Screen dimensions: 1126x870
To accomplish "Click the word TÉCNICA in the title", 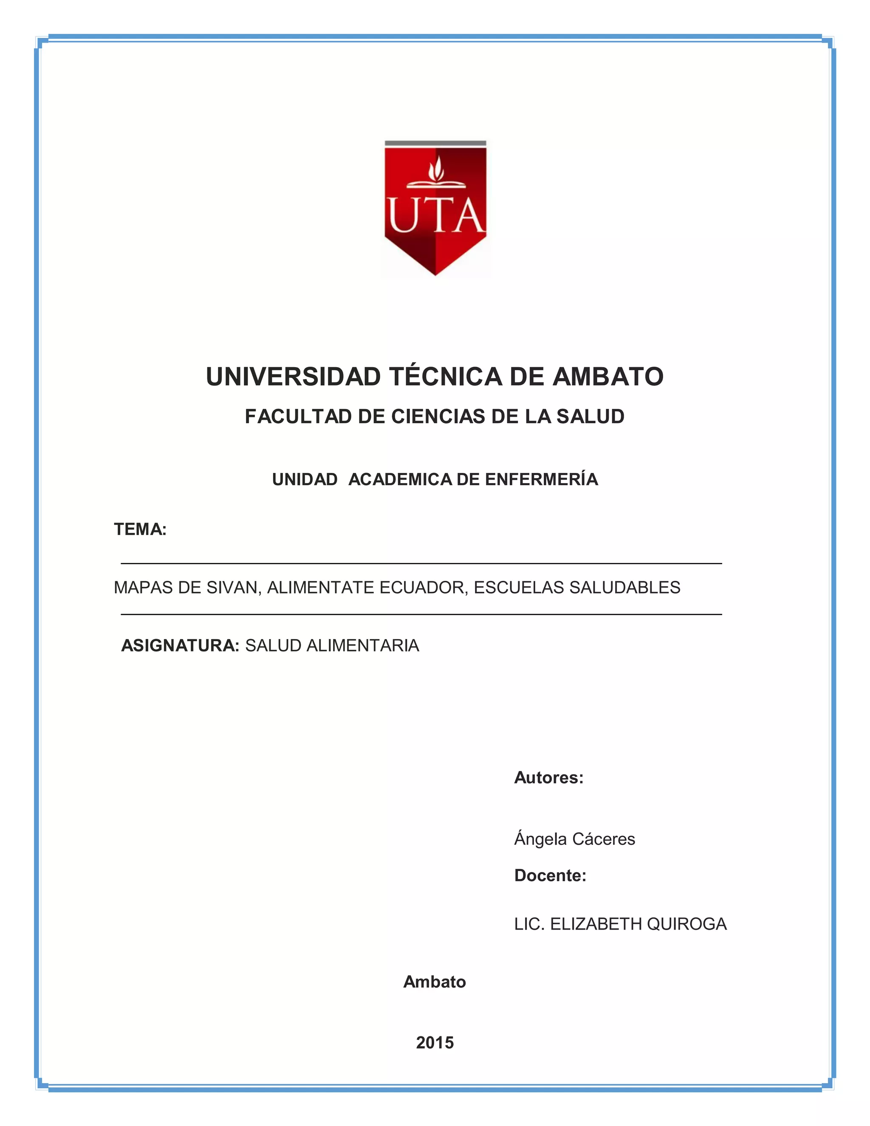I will [x=445, y=377].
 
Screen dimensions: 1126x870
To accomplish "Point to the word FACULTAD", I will [x=298, y=416].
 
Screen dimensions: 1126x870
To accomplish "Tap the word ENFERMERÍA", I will [x=541, y=479].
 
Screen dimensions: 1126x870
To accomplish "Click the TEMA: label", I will [x=140, y=529].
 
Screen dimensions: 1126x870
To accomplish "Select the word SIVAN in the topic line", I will [x=234, y=588].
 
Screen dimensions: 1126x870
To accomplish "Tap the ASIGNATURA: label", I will [x=180, y=646].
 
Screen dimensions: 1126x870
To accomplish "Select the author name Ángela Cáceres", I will [x=574, y=839].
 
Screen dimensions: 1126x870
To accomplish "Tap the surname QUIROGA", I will [x=686, y=924].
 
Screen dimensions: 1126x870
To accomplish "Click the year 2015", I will [x=435, y=1042].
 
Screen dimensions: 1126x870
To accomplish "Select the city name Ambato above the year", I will [x=435, y=982].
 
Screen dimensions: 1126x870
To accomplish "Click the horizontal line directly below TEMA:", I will [x=421, y=563].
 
